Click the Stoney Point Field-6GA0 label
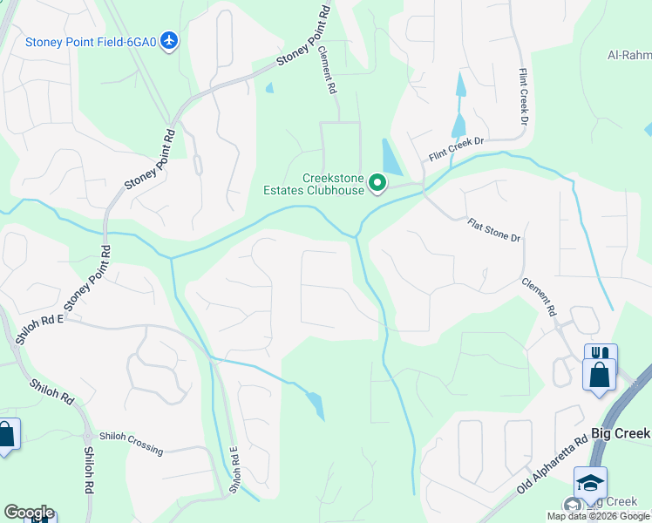pos(91,41)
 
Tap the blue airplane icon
pos(169,41)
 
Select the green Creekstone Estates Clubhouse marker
pos(377,183)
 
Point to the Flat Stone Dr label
pos(493,231)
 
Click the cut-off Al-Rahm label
pos(628,55)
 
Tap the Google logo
pos(29,513)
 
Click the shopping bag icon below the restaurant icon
pos(600,376)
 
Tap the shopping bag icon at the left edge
pos(6,433)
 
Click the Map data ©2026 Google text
pos(598,516)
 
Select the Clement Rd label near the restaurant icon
pos(538,296)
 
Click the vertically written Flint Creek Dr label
pos(524,96)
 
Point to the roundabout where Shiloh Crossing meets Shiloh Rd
pos(87,436)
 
